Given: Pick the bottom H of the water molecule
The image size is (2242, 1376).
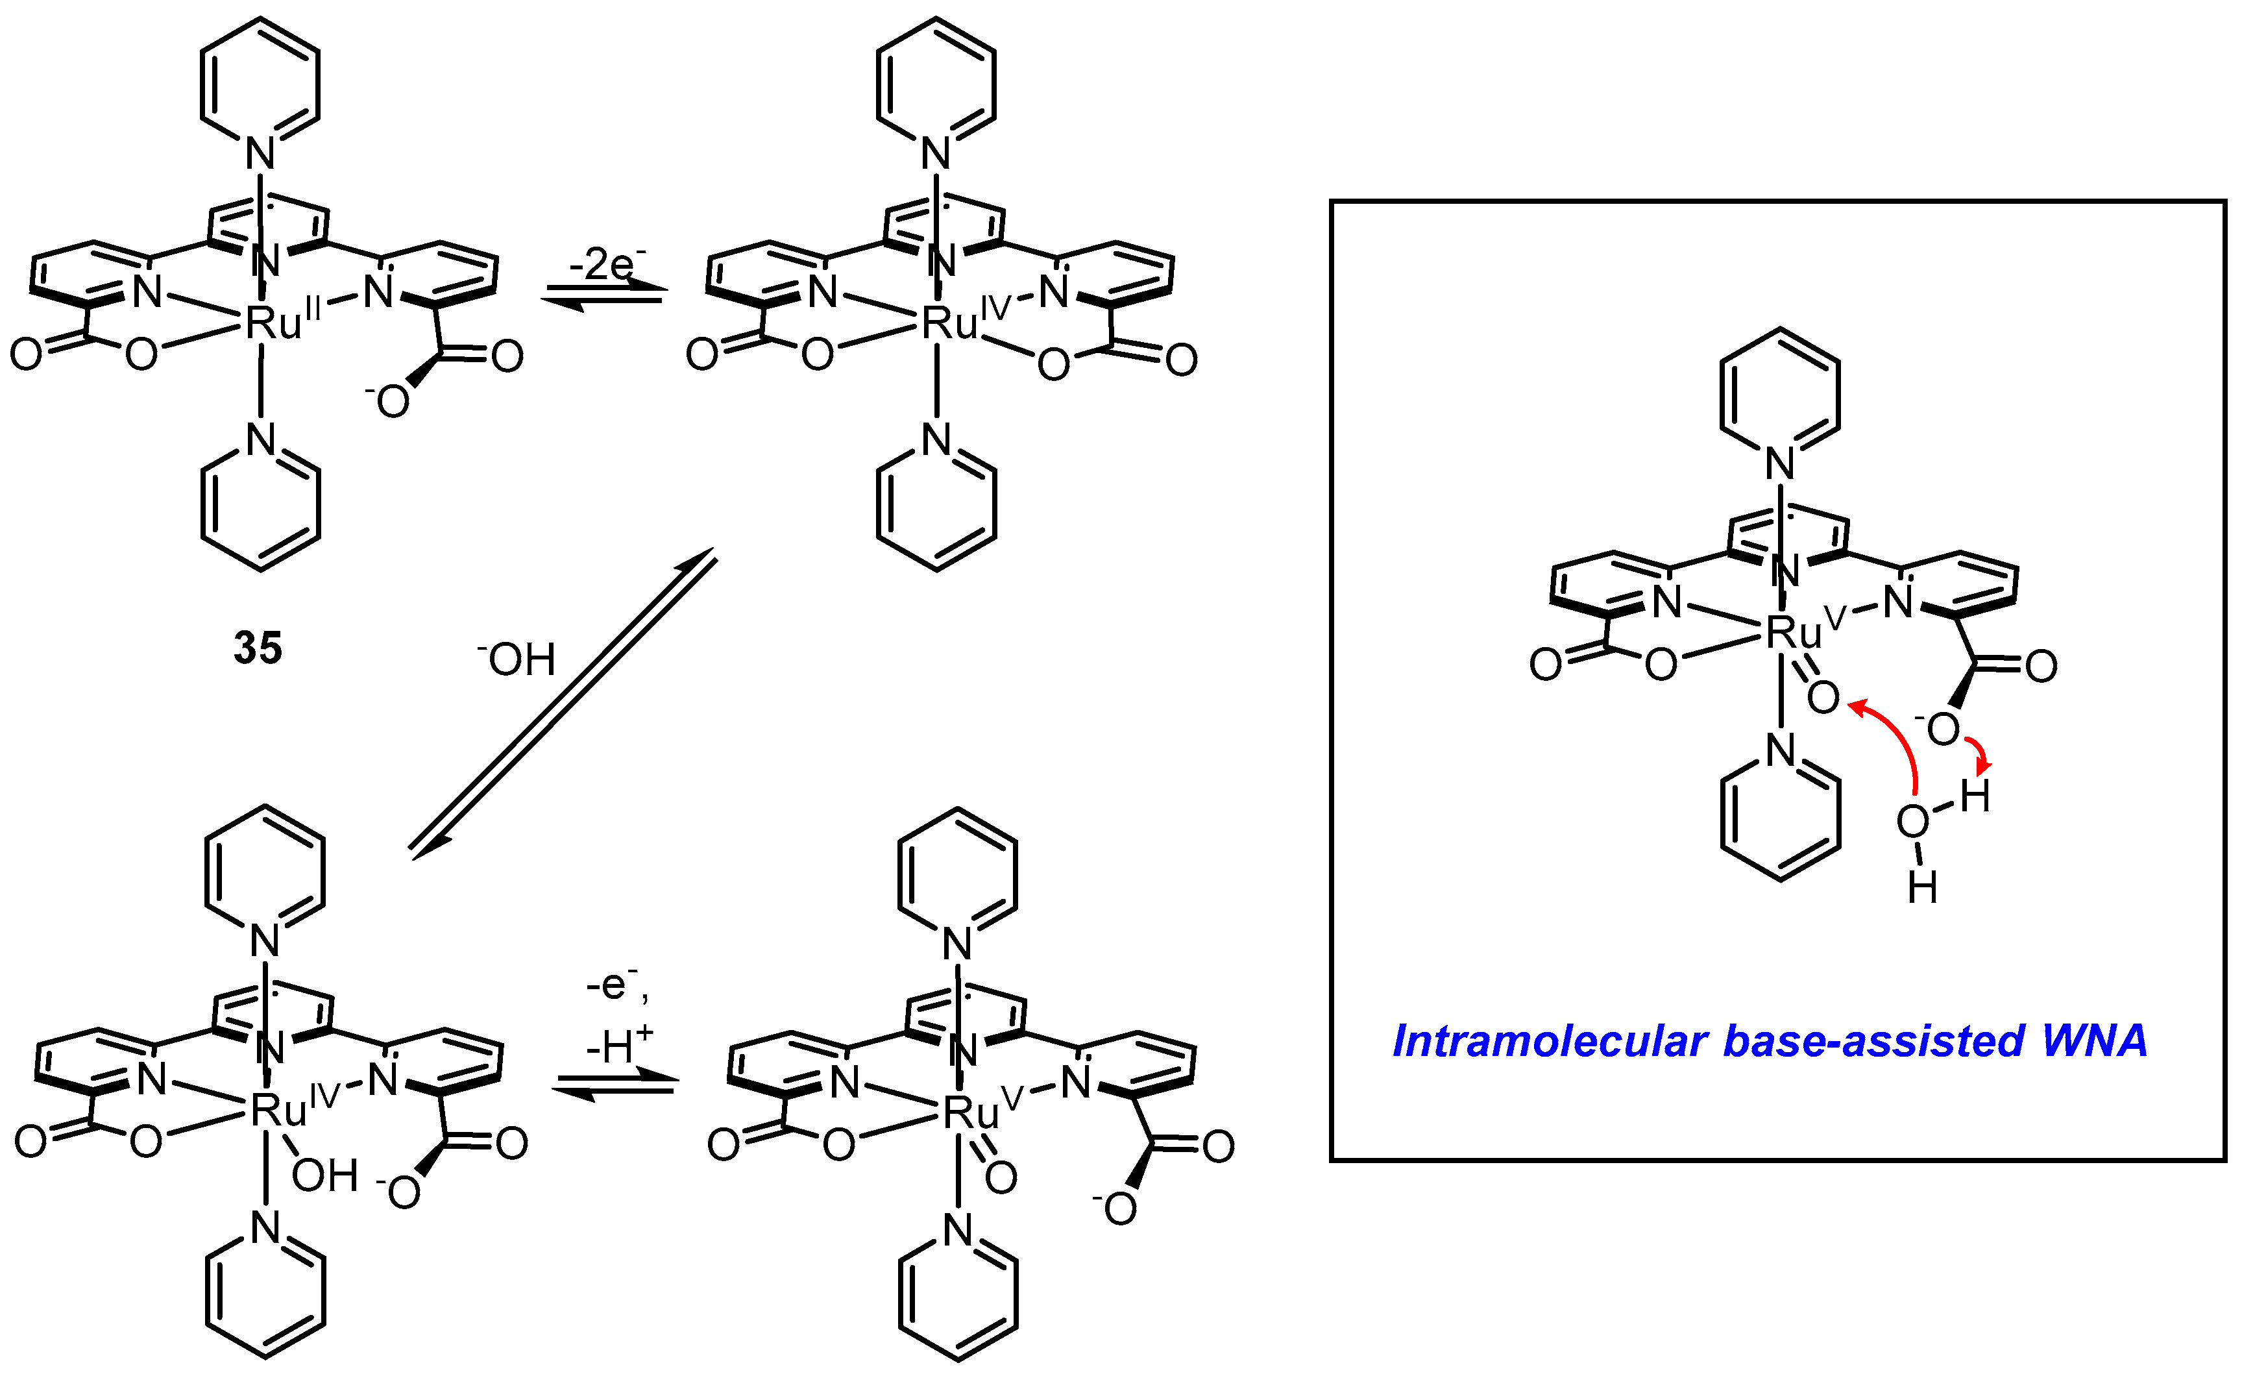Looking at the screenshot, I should click(1921, 887).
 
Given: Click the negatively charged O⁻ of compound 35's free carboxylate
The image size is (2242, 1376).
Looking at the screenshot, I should click(391, 401).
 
